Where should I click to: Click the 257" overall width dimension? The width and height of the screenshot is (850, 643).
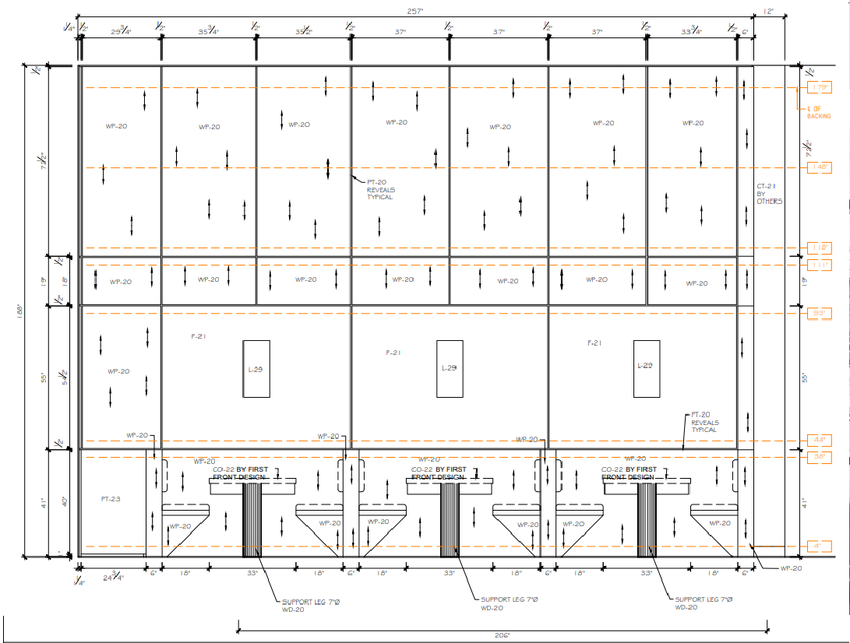(x=414, y=11)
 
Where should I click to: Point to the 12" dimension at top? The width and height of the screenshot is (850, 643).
(x=768, y=11)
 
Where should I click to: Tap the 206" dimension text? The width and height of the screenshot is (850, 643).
(x=502, y=635)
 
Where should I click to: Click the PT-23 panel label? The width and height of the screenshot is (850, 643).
(x=111, y=498)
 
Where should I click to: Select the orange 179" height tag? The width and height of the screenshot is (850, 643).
(x=819, y=87)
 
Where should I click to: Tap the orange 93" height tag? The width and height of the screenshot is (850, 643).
(x=819, y=313)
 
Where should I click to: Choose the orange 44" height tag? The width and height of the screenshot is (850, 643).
(x=819, y=439)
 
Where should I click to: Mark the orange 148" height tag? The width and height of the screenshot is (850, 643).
(x=819, y=167)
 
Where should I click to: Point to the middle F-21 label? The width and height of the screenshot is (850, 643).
(x=393, y=353)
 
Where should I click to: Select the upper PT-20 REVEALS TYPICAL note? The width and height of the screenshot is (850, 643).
(x=381, y=189)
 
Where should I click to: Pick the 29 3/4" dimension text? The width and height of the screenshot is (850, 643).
(x=121, y=32)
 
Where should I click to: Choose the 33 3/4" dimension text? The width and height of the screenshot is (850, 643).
(x=691, y=32)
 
